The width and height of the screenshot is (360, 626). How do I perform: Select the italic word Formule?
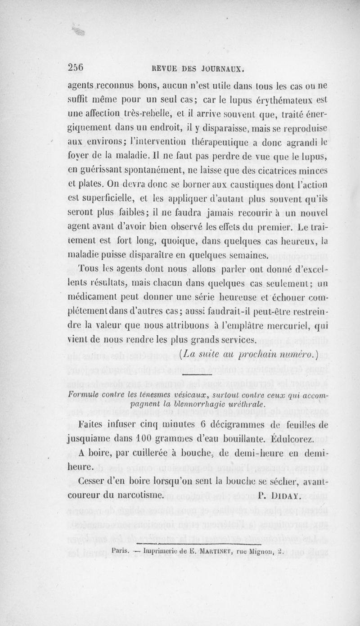pos(84,395)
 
